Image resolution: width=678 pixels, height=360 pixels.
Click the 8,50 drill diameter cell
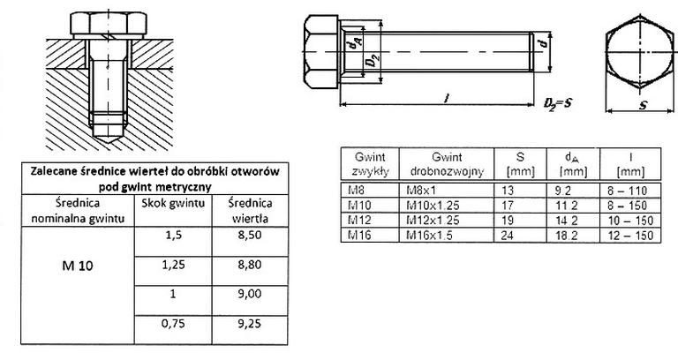(x=250, y=242)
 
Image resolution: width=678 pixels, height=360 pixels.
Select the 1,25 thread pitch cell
(x=173, y=271)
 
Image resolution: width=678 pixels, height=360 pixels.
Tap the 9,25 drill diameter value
(x=250, y=323)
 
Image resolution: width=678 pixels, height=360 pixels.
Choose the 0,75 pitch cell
(x=173, y=330)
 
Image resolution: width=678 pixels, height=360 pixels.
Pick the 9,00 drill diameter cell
(x=250, y=301)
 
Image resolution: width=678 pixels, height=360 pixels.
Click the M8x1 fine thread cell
(x=446, y=191)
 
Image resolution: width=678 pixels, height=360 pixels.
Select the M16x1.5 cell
(x=446, y=235)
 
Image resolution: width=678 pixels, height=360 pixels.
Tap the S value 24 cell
(x=520, y=235)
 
